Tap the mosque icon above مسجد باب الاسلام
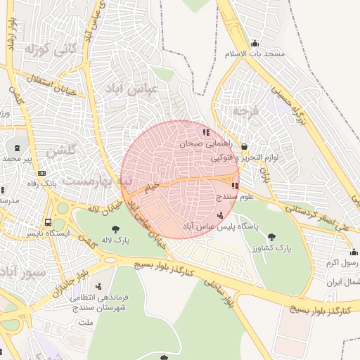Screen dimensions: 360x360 (254, 43)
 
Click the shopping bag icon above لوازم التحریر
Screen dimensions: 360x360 (244, 146)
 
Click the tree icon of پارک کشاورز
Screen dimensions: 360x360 (272, 237)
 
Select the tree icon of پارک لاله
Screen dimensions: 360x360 (115, 229)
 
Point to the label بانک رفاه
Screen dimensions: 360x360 (43, 183)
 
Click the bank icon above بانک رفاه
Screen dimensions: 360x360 (41, 172)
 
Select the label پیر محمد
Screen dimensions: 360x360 (18, 159)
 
